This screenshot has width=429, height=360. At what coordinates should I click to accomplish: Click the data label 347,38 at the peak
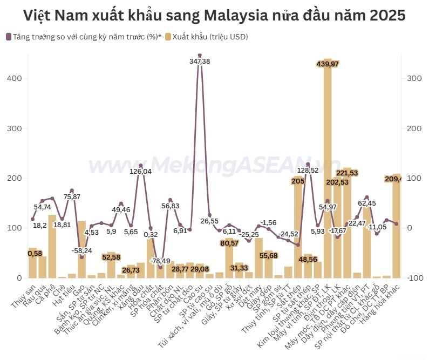200,61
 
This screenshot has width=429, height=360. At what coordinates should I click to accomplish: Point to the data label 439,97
328,64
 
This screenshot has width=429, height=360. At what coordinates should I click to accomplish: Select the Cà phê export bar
52,246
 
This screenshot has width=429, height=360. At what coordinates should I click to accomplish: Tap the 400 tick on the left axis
15,78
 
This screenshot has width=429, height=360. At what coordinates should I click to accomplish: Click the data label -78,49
160,261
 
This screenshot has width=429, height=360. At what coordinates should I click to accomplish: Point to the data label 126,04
141,172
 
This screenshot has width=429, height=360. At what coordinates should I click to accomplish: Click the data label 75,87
72,196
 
